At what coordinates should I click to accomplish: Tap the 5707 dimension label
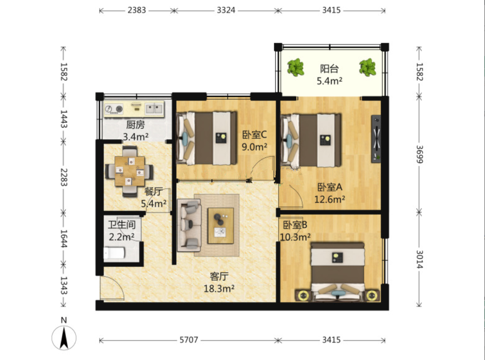[189, 340]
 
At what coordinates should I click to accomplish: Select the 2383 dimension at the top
[136, 10]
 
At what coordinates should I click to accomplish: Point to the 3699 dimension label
[419, 154]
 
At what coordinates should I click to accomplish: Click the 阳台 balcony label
[329, 68]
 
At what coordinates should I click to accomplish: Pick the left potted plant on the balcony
[296, 67]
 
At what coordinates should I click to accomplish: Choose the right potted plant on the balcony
[368, 67]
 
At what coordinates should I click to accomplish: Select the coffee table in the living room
[221, 226]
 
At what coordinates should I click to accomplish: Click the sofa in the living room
[189, 225]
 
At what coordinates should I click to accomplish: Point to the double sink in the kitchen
[154, 108]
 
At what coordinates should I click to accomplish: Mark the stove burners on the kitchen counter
[114, 109]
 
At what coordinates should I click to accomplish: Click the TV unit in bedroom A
[376, 139]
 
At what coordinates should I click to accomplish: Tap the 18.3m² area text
[219, 289]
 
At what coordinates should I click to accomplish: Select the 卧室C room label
[254, 135]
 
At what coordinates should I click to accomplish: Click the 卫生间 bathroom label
[121, 224]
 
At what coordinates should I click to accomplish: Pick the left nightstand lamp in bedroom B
[303, 296]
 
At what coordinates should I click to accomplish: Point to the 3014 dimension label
[419, 259]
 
